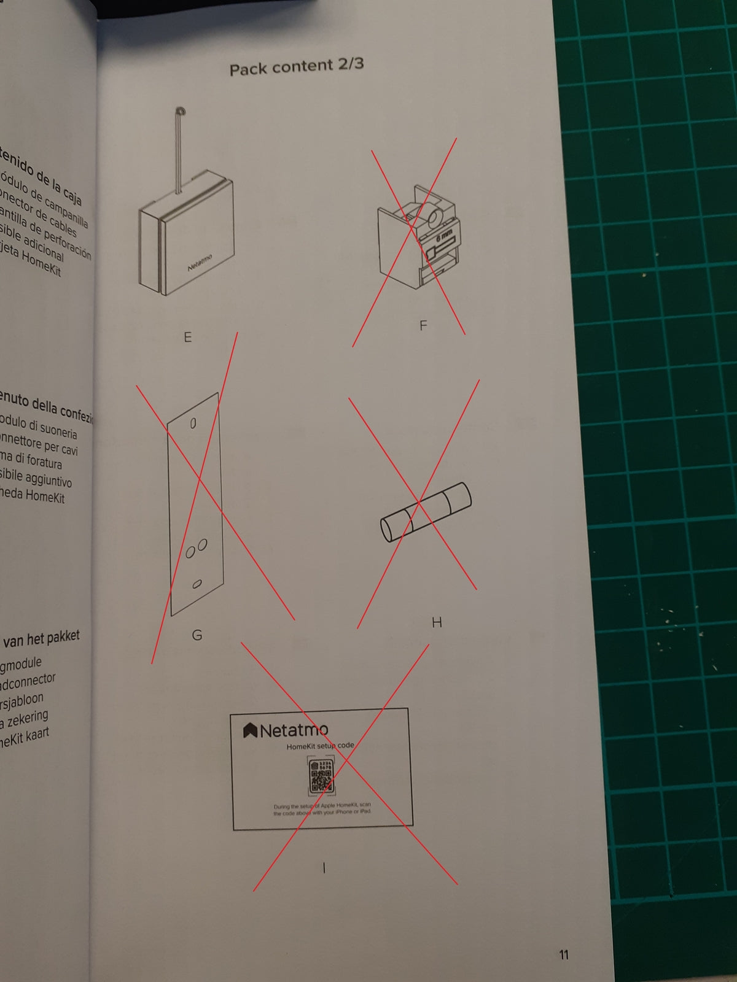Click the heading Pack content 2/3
click(297, 66)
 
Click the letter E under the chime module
click(188, 337)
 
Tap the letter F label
click(423, 325)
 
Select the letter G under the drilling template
click(197, 635)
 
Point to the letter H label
click(437, 622)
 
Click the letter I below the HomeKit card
click(324, 867)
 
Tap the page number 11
click(564, 954)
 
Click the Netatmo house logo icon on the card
click(250, 730)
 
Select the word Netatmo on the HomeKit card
click(294, 730)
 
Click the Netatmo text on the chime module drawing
click(200, 263)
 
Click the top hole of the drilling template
click(193, 423)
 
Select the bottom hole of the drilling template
click(197, 584)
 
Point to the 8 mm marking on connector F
click(444, 236)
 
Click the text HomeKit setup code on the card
click(320, 746)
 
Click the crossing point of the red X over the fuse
click(419, 502)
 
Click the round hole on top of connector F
click(434, 218)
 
